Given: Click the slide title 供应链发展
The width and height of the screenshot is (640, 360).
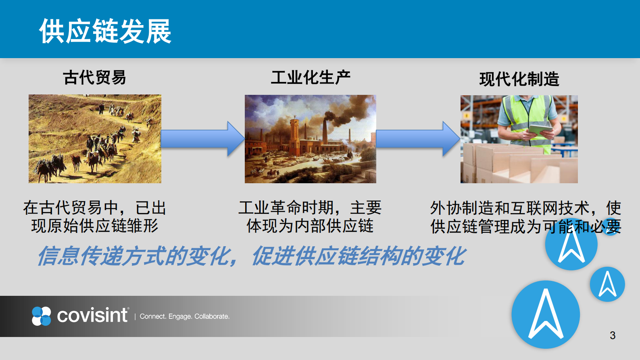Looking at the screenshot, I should pyautogui.click(x=105, y=31).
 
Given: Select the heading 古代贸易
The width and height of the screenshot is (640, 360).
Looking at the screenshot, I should pyautogui.click(x=95, y=77).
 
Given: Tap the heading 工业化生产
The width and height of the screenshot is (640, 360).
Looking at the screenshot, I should pyautogui.click(x=311, y=77).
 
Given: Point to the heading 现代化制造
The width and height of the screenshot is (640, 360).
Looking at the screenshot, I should pyautogui.click(x=519, y=79).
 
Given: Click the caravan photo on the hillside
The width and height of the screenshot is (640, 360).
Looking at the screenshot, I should pyautogui.click(x=95, y=139).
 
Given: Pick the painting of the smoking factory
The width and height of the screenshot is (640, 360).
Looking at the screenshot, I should pyautogui.click(x=310, y=139).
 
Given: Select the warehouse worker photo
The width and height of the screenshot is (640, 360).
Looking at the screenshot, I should pyautogui.click(x=519, y=139).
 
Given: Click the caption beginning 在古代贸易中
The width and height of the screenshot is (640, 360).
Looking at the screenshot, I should pyautogui.click(x=95, y=217).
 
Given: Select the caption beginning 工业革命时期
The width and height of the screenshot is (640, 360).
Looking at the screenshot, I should pyautogui.click(x=310, y=217).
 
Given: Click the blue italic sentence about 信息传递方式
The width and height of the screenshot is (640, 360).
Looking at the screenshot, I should pyautogui.click(x=252, y=256).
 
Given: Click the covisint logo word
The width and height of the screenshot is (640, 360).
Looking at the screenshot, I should pyautogui.click(x=92, y=315).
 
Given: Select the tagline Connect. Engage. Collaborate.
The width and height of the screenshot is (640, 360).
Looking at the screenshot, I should pyautogui.click(x=185, y=316).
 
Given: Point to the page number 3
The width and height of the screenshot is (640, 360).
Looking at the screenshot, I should pyautogui.click(x=612, y=335).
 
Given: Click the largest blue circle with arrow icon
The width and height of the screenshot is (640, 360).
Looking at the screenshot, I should pyautogui.click(x=546, y=314).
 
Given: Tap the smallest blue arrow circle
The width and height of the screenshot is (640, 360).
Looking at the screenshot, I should pyautogui.click(x=607, y=284).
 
